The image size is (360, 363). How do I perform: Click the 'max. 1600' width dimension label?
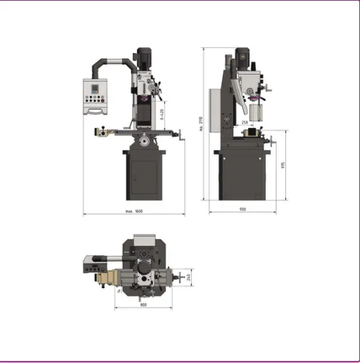pyautogui.click(x=134, y=211)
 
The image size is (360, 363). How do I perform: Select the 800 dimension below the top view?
pyautogui.click(x=144, y=305)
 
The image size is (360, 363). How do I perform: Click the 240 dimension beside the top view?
pyautogui.click(x=188, y=277)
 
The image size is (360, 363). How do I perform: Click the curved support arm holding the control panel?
pyautogui.click(x=109, y=62)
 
